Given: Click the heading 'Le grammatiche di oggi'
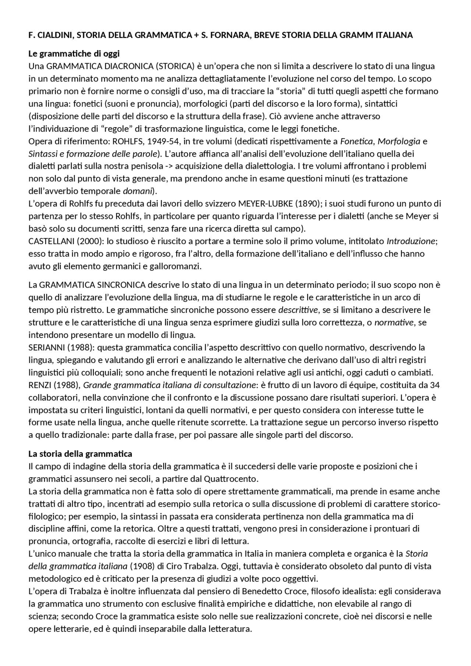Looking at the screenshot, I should click(74, 54).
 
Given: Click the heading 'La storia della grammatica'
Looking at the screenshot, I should click(80, 453).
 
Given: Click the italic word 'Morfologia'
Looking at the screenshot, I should click(399, 141).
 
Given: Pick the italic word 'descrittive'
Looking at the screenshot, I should click(298, 310).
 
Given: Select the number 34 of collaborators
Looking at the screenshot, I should click(435, 385).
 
